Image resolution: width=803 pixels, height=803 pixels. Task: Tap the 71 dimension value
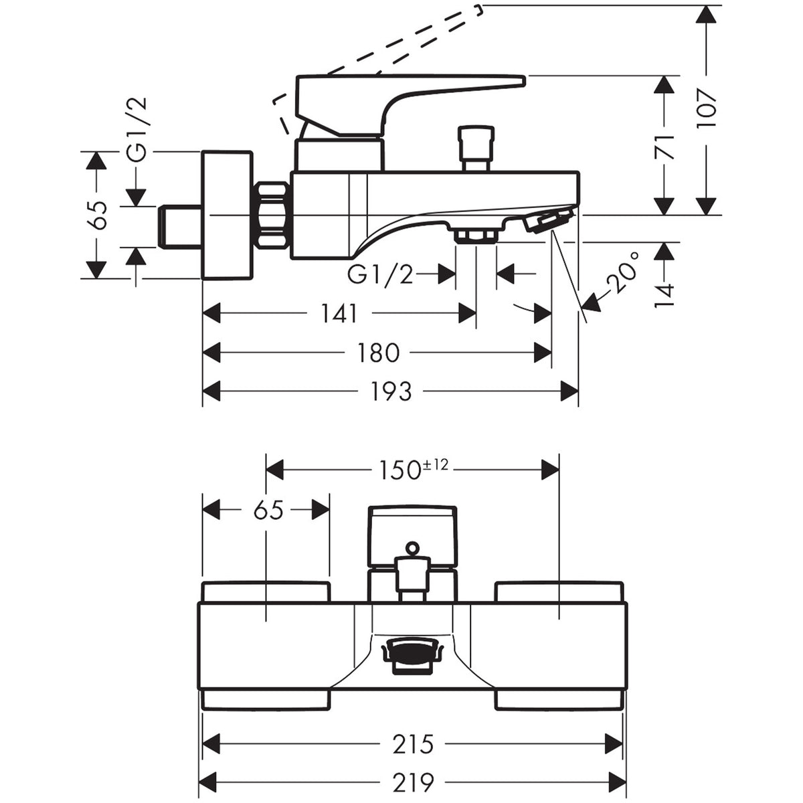pos(664,147)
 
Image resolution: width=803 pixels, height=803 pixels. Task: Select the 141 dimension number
pos(339,313)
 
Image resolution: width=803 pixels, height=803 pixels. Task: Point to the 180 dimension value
pos(378,353)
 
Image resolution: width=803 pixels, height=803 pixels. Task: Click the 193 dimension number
pos(391,391)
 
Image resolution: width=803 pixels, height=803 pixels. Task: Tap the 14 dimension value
pos(664,295)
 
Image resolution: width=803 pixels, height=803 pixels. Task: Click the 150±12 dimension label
pos(413,469)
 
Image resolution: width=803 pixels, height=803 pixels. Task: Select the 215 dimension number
pos(413,743)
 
